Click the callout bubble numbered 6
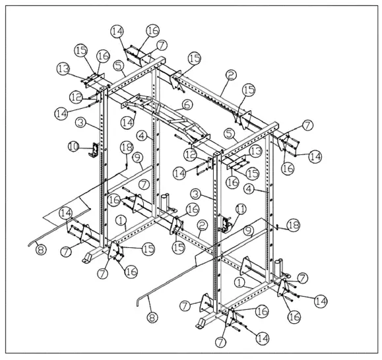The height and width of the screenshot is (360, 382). [187, 105]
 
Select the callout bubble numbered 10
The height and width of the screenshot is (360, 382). [74, 144]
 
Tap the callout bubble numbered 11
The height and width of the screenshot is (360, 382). [239, 209]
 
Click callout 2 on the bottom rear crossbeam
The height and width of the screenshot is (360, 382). [202, 225]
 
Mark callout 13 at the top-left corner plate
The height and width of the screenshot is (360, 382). [63, 69]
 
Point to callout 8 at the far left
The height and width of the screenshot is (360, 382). [40, 250]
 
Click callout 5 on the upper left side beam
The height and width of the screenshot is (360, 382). [118, 65]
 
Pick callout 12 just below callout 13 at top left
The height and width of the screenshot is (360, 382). [76, 96]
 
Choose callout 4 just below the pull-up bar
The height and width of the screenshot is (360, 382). [142, 135]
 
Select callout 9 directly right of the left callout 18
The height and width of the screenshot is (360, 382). [137, 157]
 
